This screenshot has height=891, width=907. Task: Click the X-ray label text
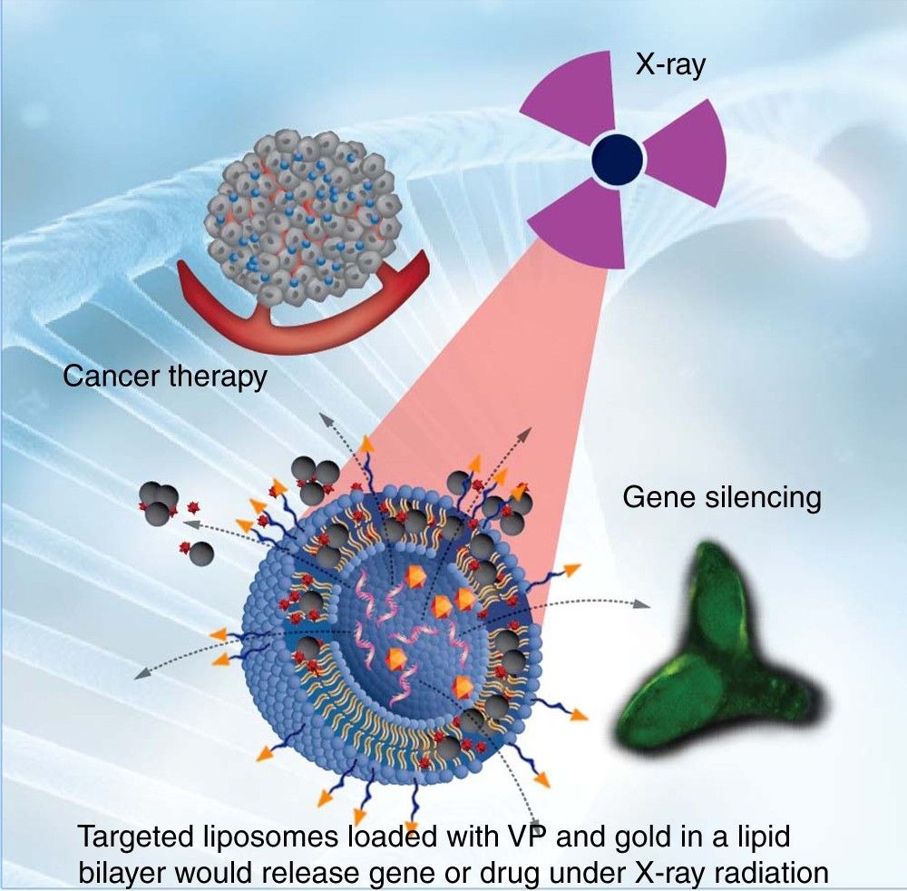coord(669,65)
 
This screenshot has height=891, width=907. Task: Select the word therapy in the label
coord(218,377)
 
